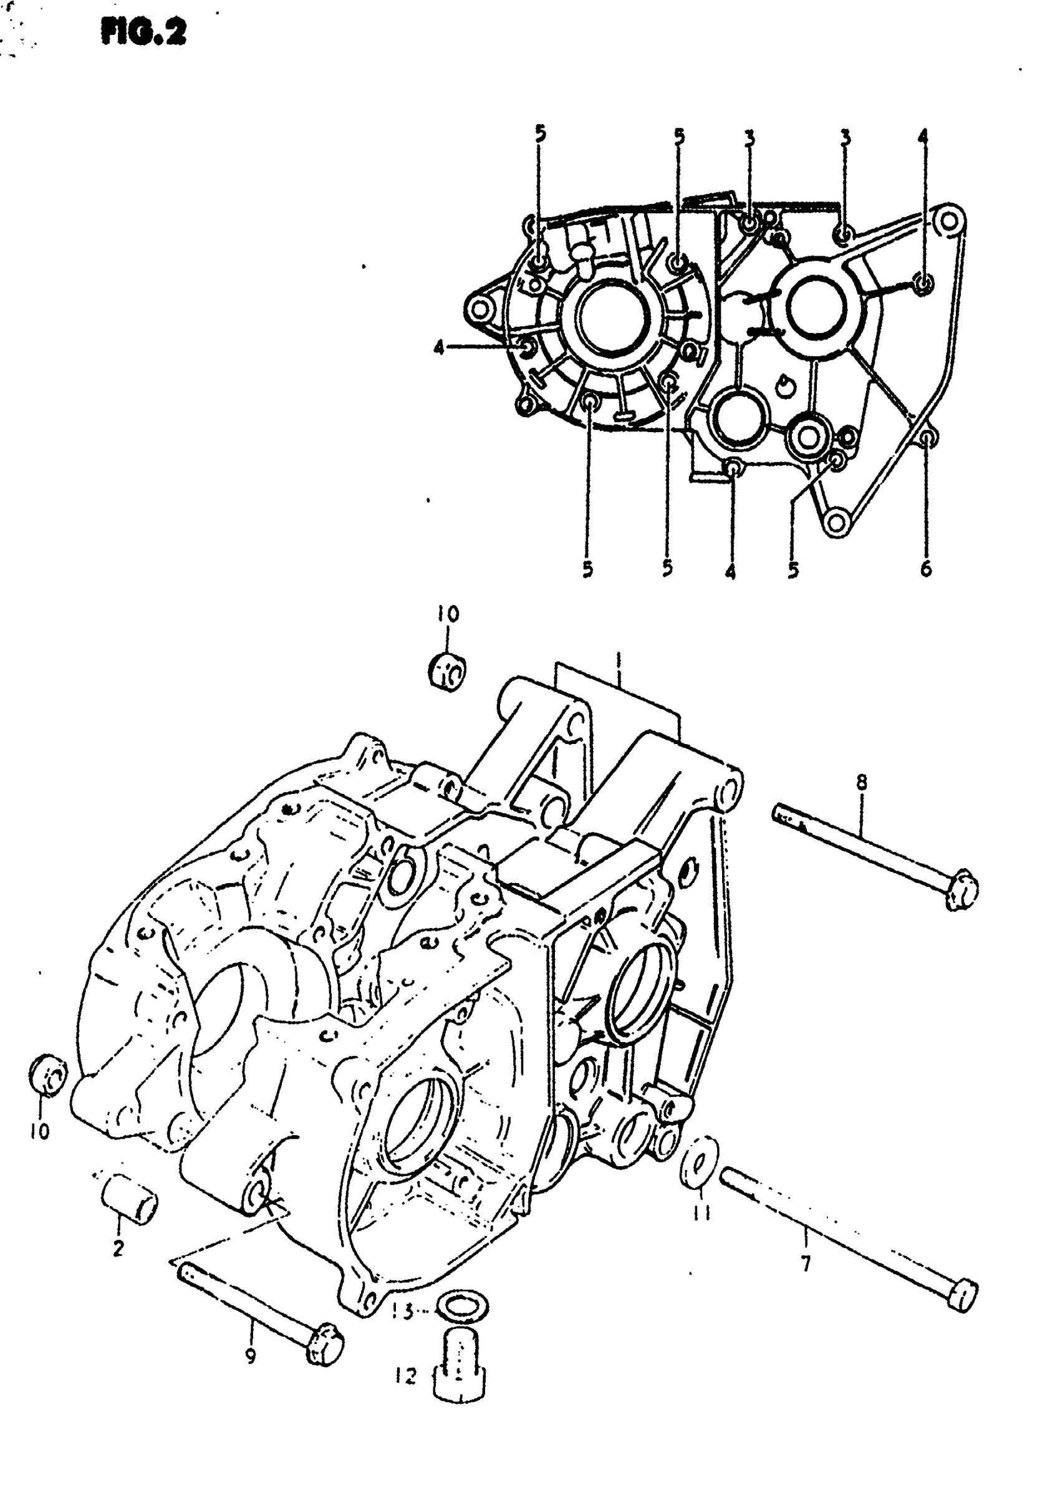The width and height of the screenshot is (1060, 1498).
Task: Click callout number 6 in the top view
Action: pyautogui.click(x=926, y=569)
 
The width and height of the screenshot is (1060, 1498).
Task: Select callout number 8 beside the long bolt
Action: pyautogui.click(x=862, y=782)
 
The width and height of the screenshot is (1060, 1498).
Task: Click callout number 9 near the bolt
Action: pyautogui.click(x=251, y=1355)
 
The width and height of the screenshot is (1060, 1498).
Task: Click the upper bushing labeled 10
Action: pyautogui.click(x=448, y=669)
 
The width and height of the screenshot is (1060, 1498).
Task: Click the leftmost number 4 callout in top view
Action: pyautogui.click(x=439, y=349)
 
